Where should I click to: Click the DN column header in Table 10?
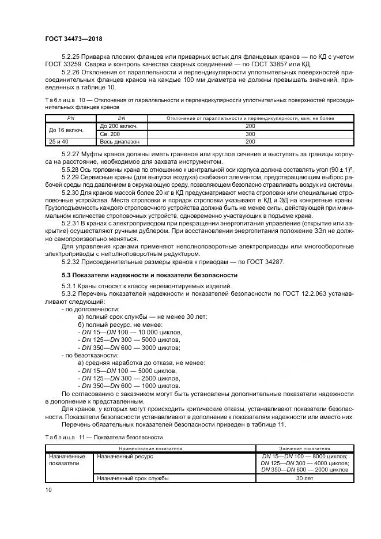point(121,118)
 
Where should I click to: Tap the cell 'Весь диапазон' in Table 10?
point(119,141)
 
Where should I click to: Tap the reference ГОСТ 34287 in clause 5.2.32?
point(277,262)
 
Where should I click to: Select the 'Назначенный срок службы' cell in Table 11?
point(133,478)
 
